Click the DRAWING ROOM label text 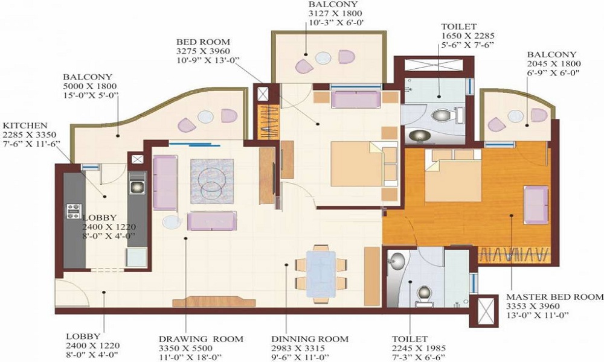click(201, 339)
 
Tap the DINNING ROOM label click(310, 339)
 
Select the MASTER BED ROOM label click(554, 297)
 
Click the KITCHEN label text click(25, 125)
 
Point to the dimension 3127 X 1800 click(335, 13)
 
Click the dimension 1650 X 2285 click(467, 36)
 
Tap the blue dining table click(321, 274)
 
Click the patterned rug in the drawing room click(212, 181)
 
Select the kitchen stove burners click(74, 211)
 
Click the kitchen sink click(137, 186)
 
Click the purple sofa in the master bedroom click(535, 205)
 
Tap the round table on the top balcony click(323, 58)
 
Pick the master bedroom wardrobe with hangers click(513, 255)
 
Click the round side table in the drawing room click(172, 222)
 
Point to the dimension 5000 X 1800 click(90, 86)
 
